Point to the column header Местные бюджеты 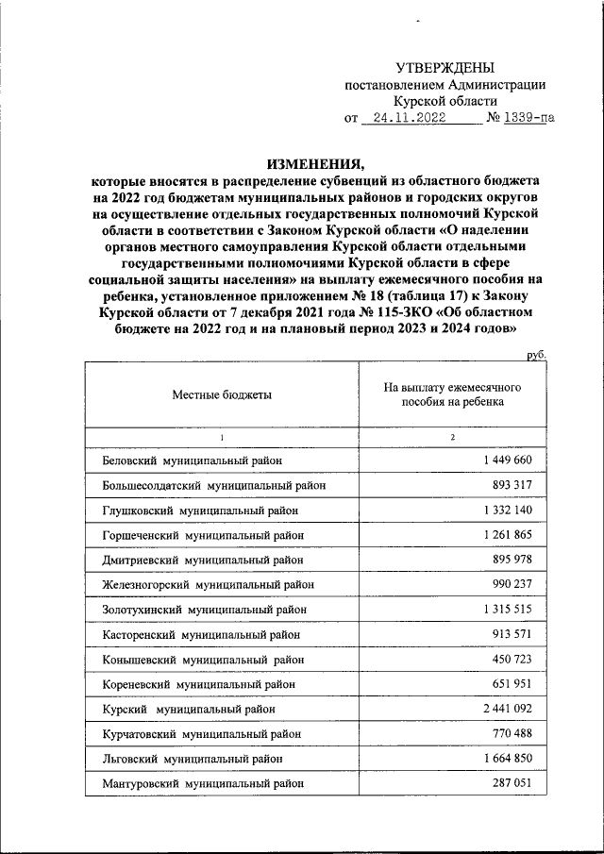coord(222,395)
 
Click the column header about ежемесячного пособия coord(452,394)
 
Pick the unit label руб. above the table coord(537,355)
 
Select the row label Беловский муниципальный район coord(193,460)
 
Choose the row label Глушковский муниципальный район coord(201,511)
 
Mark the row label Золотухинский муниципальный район coord(204,610)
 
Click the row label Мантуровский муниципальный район coord(203,782)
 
